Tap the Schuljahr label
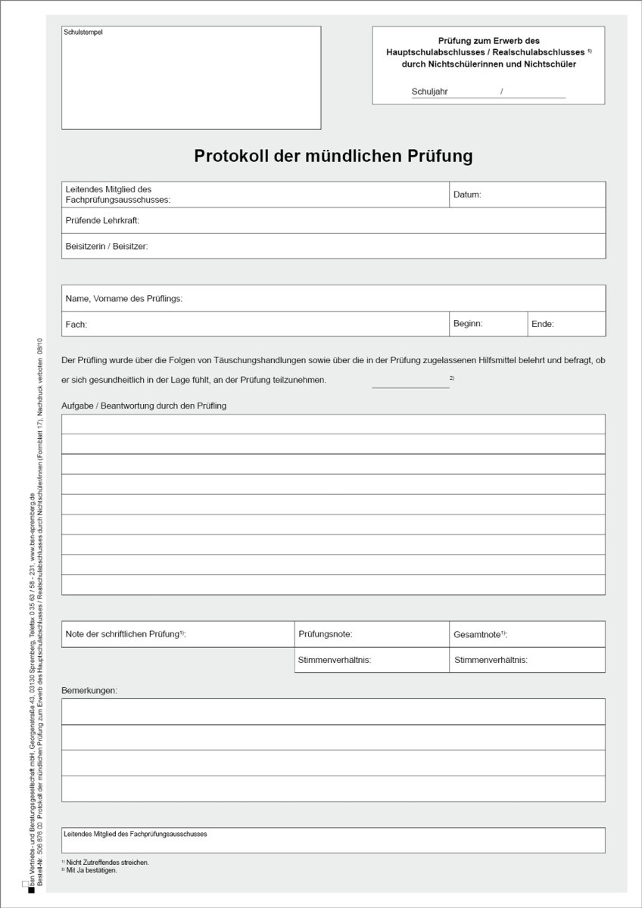(x=429, y=92)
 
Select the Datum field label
(x=467, y=194)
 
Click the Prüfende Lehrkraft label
(x=102, y=221)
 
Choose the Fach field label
(x=76, y=324)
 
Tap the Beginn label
(x=468, y=323)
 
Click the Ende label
(x=543, y=324)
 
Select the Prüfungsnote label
(x=326, y=634)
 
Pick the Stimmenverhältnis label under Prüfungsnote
(x=335, y=660)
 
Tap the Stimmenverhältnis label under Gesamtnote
(x=491, y=660)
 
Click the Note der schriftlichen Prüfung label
(x=126, y=633)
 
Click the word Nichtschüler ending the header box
(x=549, y=64)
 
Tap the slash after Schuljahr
(x=501, y=92)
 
